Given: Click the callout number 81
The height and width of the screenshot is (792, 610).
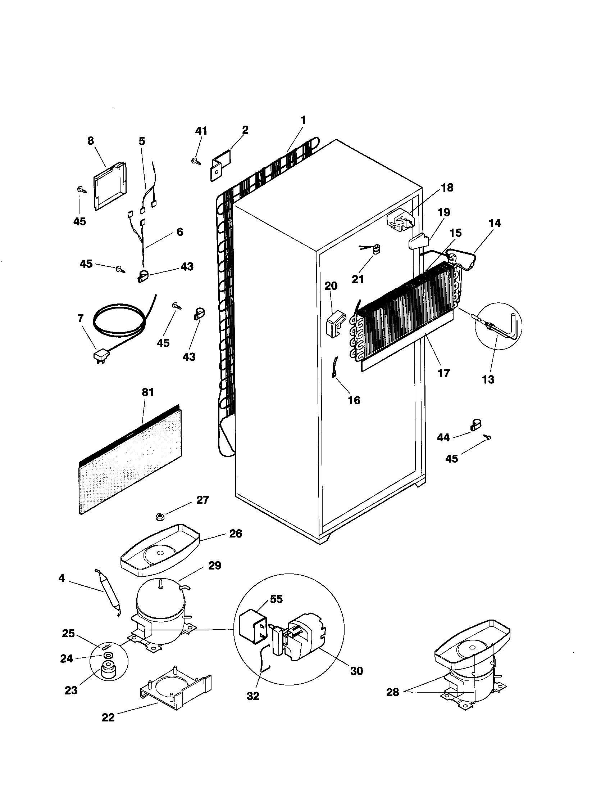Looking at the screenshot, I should point(147,392).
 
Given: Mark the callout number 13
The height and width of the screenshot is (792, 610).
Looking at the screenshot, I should point(488,379).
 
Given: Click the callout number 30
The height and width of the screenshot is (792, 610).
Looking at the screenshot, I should point(356,671).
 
